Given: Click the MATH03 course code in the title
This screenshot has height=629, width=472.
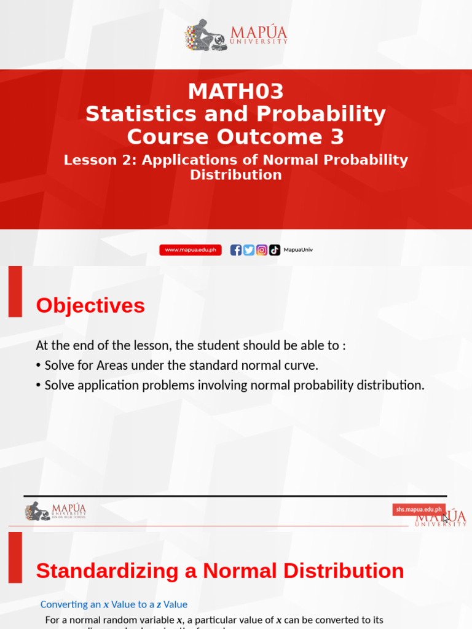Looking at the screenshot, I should pos(236,92).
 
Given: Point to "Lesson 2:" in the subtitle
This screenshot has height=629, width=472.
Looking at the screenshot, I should pos(100,160).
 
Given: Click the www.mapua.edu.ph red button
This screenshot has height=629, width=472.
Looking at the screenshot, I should pos(191,250).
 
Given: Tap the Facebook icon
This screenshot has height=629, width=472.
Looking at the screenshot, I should pos(236,250).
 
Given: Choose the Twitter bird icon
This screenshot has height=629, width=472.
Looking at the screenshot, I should pos(249,250).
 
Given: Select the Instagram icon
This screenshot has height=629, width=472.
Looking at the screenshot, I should pos(262,250).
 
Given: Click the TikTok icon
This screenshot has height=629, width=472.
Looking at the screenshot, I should pos(275,250).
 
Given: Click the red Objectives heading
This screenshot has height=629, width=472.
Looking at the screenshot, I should pos(90,306).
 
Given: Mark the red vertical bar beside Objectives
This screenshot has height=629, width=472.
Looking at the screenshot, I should pos(15,291).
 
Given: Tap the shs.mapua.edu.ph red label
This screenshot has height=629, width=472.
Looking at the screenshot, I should pos(419,510).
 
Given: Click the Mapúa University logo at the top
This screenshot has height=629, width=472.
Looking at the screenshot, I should pos(236,34).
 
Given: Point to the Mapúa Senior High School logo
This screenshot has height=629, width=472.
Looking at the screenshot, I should pos(55,511).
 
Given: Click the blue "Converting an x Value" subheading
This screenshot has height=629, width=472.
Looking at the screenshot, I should pos(114,604).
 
